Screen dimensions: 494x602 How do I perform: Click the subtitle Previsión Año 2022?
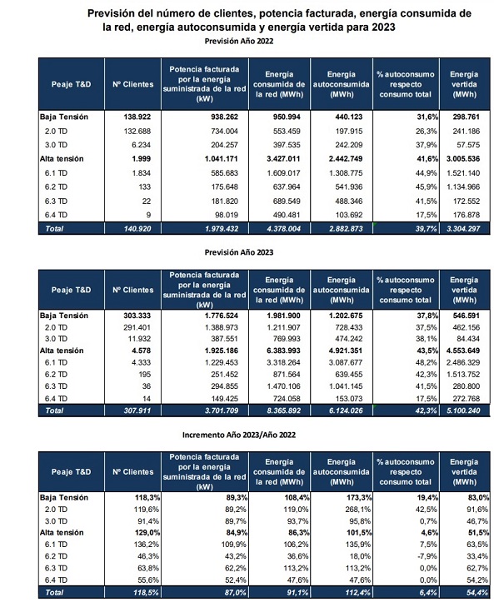238,41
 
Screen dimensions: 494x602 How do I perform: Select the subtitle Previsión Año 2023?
238,252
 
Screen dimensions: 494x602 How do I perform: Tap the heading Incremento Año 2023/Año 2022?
238,435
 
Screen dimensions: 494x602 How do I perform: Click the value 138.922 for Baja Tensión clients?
137,117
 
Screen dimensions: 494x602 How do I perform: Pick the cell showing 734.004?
224,131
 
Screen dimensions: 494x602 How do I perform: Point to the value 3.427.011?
284,158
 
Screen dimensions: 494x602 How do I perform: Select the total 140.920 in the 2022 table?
137,229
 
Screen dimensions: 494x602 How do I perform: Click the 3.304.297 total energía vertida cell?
463,229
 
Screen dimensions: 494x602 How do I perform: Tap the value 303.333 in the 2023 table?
137,316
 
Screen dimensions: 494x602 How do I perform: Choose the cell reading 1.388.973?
222,327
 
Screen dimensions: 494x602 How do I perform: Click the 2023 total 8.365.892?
284,410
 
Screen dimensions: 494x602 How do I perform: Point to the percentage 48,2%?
427,362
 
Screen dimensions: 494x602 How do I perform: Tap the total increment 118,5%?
146,592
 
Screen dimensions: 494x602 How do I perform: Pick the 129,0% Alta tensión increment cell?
147,533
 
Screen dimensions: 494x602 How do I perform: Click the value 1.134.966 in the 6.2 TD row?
463,187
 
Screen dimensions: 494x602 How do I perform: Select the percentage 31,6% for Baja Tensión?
427,117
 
